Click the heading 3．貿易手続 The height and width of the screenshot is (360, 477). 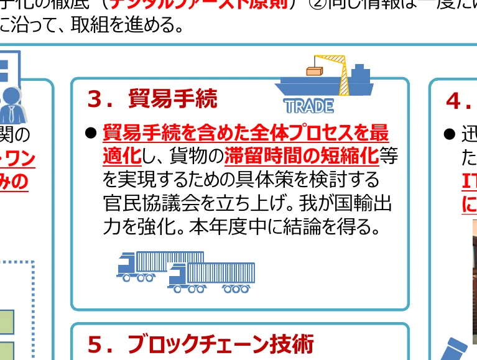point(152,99)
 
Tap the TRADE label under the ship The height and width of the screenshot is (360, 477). point(309,106)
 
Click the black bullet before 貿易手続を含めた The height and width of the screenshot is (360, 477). point(91,133)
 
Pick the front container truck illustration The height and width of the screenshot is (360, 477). point(211,277)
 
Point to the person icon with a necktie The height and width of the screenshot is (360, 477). point(11,103)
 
